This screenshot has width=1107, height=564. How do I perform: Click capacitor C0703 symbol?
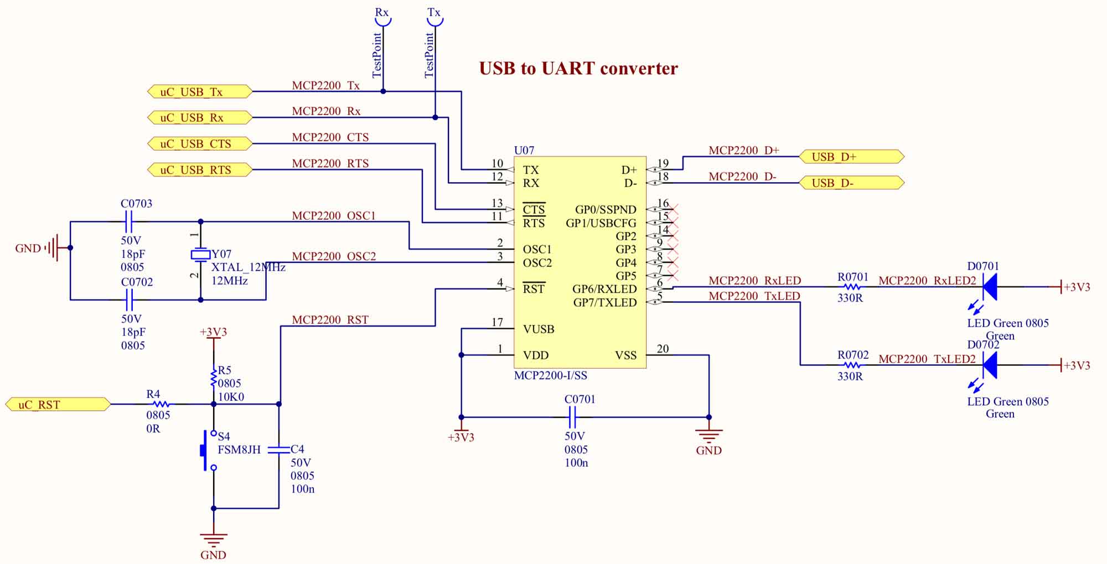pyautogui.click(x=129, y=222)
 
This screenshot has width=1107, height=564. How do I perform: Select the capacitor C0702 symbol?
pyautogui.click(x=129, y=301)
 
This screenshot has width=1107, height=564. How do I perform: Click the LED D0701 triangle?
pyautogui.click(x=989, y=287)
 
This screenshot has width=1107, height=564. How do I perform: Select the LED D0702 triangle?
pyautogui.click(x=989, y=365)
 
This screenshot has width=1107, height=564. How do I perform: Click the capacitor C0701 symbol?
pyautogui.click(x=573, y=417)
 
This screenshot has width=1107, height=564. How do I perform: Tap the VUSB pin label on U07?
pyautogui.click(x=539, y=329)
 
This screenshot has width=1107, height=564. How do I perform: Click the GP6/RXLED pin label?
pyautogui.click(x=604, y=289)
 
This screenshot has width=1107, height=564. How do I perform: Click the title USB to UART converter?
pyautogui.click(x=578, y=69)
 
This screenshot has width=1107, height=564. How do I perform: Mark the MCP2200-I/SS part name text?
pyautogui.click(x=551, y=376)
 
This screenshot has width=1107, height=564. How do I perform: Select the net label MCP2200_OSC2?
pyautogui.click(x=334, y=256)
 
